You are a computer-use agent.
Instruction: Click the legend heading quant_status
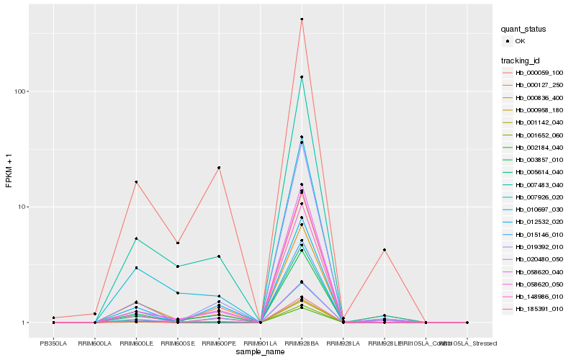(x=523, y=29)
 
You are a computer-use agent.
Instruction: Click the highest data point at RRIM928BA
(x=302, y=19)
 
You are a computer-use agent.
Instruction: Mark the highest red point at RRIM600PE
(x=219, y=168)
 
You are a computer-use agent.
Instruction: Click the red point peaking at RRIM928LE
(x=384, y=250)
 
